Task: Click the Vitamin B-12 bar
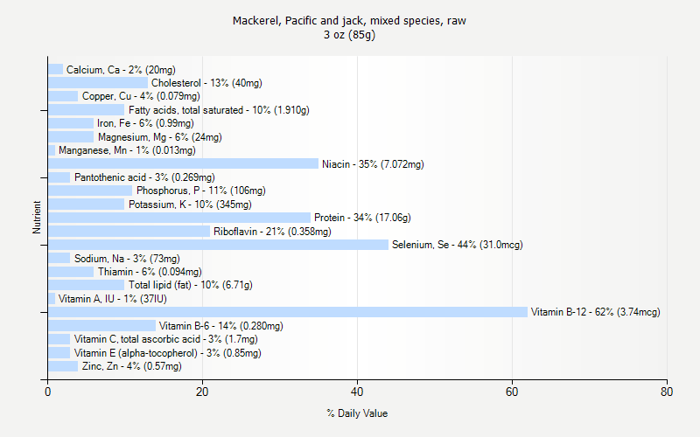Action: pos(288,312)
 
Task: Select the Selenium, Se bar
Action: pos(218,245)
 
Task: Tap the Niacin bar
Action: pos(183,163)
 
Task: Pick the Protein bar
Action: pos(179,218)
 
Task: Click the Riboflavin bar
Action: pos(129,232)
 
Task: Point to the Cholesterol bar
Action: pos(98,83)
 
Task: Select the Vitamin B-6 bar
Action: pos(101,326)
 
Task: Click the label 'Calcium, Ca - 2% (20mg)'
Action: pos(121,70)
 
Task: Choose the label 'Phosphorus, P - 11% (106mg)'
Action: pos(200,191)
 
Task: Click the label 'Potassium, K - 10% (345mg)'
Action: pos(190,205)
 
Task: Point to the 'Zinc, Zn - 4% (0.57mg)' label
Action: pos(131,366)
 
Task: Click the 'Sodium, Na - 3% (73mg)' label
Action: pos(127,259)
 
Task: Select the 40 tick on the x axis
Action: pos(357,392)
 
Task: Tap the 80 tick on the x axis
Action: pos(667,392)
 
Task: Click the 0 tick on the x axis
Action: pos(47,392)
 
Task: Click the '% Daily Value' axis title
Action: pos(357,413)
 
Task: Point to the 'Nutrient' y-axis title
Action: pos(37,218)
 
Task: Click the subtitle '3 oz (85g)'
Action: pos(349,35)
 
